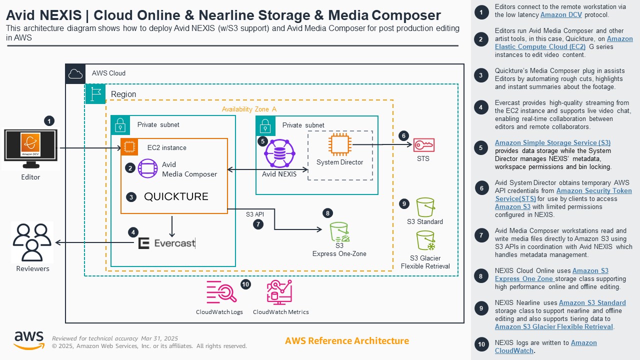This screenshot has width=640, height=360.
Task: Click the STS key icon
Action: tap(423, 145)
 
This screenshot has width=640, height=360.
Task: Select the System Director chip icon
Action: tap(340, 145)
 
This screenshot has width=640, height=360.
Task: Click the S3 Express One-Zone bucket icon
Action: tap(339, 232)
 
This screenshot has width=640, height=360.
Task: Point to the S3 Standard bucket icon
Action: tap(425, 207)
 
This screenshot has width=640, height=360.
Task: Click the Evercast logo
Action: tap(166, 243)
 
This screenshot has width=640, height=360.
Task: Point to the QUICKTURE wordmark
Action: tap(176, 196)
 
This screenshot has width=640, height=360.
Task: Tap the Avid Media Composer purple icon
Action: tap(147, 168)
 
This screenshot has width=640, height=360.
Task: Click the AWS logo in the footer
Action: tap(28, 340)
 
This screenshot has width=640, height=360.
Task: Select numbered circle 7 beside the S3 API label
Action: tap(258, 224)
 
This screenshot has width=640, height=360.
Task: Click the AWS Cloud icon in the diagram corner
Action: tap(75, 74)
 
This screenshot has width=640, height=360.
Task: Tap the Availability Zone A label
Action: tap(249, 109)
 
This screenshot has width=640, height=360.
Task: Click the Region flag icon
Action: tap(95, 94)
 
